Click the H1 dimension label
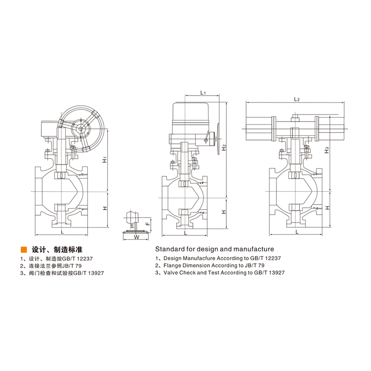[105, 160]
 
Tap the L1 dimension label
[203, 93]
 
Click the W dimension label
[136, 237]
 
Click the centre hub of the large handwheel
[82, 128]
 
